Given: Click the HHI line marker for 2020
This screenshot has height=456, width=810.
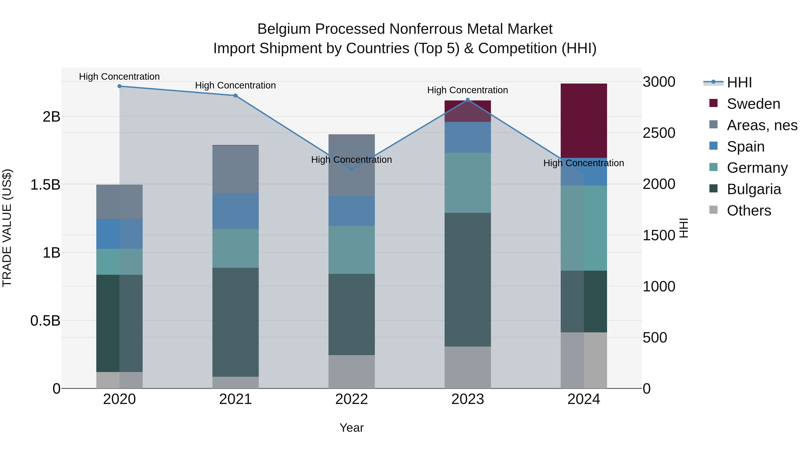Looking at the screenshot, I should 119,86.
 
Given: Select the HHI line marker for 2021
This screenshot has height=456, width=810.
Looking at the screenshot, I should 236,96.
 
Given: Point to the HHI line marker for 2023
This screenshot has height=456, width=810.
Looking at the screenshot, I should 468,100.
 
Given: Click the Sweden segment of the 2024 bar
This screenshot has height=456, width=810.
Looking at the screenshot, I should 584,121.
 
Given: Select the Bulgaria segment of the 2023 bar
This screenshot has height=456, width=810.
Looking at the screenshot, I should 468,280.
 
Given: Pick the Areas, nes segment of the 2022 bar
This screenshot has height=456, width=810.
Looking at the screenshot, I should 351,166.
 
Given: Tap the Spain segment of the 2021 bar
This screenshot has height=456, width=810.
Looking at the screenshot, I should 236,211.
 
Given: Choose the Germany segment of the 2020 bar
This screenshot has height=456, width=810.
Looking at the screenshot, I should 119,262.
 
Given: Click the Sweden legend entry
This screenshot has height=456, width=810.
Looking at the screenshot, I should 753,104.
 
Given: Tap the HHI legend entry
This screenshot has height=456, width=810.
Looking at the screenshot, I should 739,82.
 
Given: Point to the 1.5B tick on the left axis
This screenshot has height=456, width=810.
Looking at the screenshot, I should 45,185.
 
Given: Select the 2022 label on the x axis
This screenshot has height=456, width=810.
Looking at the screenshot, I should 351,399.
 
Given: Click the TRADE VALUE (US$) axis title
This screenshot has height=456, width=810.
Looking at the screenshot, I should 7,228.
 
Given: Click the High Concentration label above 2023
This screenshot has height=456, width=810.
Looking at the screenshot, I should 467,90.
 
